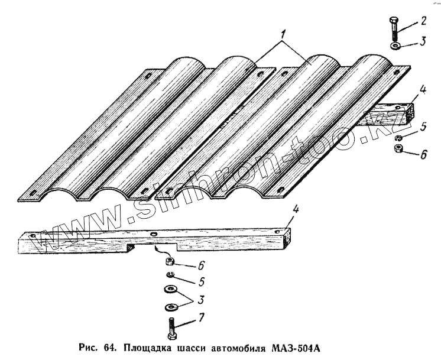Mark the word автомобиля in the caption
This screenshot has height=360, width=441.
click(239, 347)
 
